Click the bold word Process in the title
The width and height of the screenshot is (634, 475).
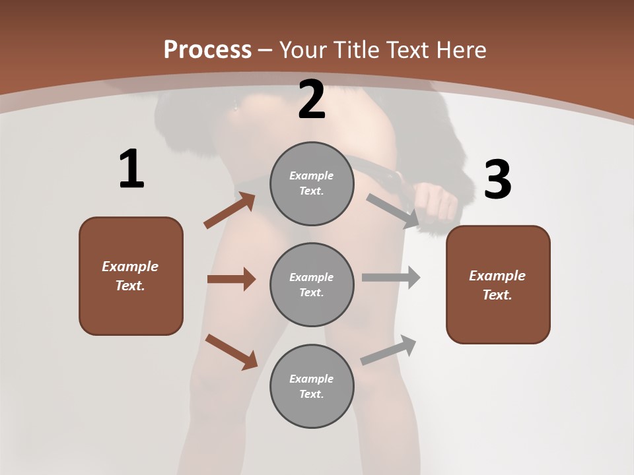pyautogui.click(x=207, y=50)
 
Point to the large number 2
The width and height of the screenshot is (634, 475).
pyautogui.click(x=312, y=100)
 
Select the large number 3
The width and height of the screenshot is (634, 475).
pyautogui.click(x=497, y=180)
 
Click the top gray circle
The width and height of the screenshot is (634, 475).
pyautogui.click(x=312, y=183)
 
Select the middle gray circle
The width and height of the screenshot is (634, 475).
pyautogui.click(x=312, y=284)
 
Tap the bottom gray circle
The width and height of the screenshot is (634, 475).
pyautogui.click(x=312, y=386)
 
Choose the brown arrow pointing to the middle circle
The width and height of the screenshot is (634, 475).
pyautogui.click(x=231, y=279)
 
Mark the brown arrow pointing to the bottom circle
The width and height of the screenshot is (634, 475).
pyautogui.click(x=231, y=352)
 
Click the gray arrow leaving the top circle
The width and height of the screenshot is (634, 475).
pyautogui.click(x=392, y=211)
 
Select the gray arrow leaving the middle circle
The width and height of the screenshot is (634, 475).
pyautogui.click(x=391, y=278)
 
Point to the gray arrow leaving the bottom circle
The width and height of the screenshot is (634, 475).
pyautogui.click(x=388, y=350)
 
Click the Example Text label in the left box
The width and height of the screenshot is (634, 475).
pyautogui.click(x=130, y=276)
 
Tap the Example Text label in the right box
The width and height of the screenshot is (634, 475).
pyautogui.click(x=497, y=285)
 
